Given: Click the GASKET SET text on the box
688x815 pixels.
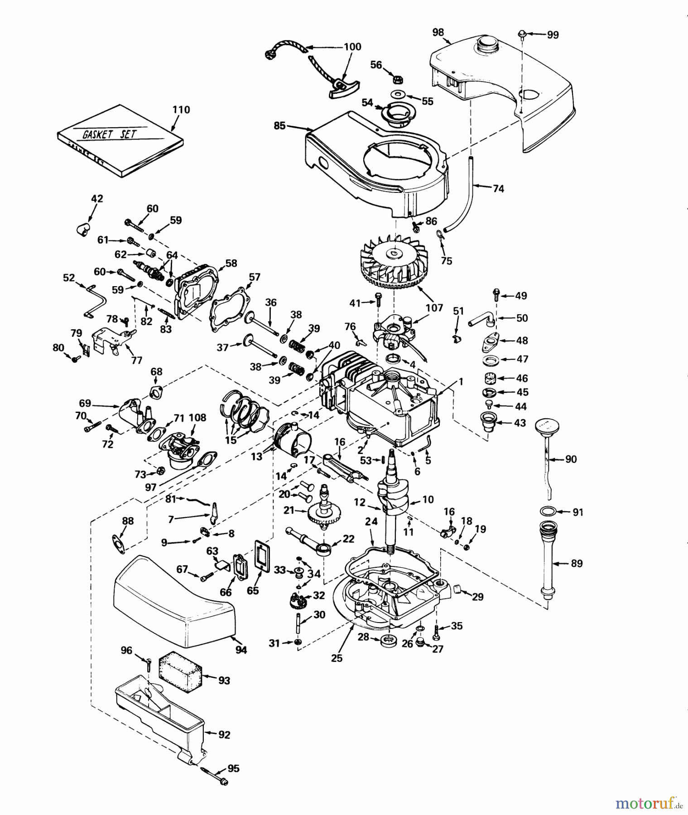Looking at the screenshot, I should point(109,134).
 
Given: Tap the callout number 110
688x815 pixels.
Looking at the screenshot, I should point(181,110).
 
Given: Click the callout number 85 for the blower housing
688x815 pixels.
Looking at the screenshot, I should point(279,125).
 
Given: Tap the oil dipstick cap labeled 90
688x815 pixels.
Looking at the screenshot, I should point(547,427).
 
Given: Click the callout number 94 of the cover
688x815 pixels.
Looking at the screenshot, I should point(241,650).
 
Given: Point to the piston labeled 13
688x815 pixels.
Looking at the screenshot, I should point(292,441).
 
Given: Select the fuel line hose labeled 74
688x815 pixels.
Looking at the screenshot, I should point(467,195).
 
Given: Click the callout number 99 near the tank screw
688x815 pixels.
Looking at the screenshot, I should point(553,35).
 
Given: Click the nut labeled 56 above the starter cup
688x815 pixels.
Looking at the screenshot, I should point(395,80).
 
